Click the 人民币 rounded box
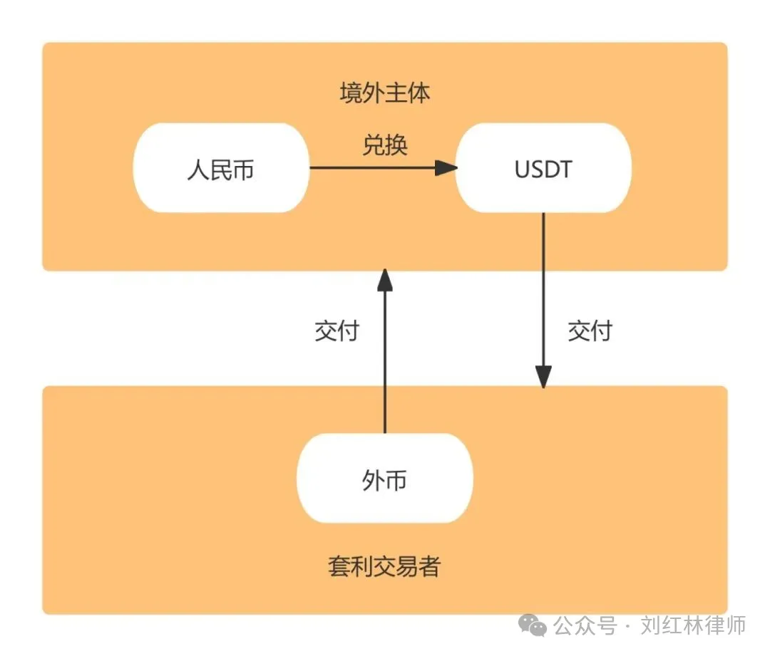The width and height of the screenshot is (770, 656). pos(221,168)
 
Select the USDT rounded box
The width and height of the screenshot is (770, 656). pos(543,168)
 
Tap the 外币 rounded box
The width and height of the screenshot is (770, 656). pos(384,479)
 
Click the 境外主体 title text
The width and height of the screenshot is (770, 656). pos(384,93)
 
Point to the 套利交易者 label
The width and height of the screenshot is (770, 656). pos(384,567)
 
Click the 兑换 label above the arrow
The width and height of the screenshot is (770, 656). pos(384,145)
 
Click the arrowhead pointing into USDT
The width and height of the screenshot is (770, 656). pos(446,168)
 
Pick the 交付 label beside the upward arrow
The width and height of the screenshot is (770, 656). pos(337,330)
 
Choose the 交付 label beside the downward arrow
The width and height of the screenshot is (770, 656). pos(590,330)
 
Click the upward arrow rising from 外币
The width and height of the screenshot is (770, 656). pos(385,356)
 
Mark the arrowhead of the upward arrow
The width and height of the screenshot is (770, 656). pos(385,279)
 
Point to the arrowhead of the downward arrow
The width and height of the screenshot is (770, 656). pos(543,378)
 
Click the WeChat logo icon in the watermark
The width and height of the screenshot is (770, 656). pos(533,627)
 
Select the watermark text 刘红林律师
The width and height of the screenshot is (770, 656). pos(692,627)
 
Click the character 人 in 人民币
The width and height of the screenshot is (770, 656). pos(197,170)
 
